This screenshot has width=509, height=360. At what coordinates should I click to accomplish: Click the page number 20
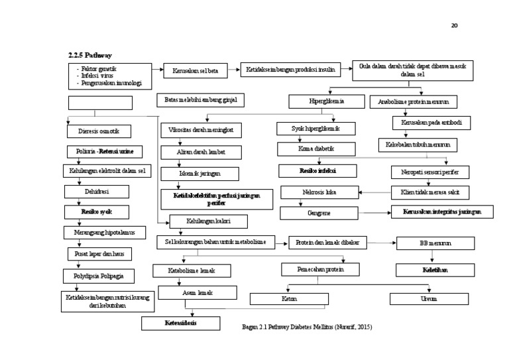(454, 25)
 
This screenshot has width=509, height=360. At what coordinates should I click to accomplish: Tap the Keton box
(290, 299)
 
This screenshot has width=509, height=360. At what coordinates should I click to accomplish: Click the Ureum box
(428, 299)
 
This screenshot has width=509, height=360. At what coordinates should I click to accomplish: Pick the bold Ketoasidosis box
(181, 323)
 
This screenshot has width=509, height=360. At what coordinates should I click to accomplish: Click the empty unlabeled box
(100, 103)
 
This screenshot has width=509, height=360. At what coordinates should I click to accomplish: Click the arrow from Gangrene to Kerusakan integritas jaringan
(372, 213)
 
